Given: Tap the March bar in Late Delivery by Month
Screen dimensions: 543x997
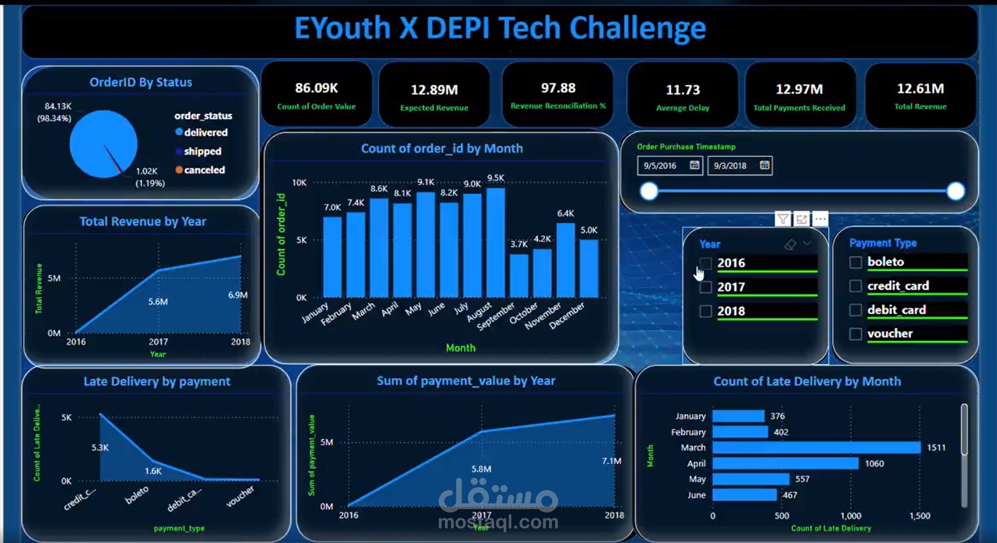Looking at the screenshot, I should tap(816, 448).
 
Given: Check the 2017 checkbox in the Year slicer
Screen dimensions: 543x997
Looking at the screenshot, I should tap(705, 287).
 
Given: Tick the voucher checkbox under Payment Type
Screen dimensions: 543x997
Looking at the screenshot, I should tap(856, 334).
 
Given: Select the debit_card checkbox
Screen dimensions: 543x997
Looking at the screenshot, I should tap(856, 310).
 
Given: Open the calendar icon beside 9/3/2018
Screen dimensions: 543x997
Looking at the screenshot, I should tap(765, 165).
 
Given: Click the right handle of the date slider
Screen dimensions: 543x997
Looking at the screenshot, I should tap(955, 191).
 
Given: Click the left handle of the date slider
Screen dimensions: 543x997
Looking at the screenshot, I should tap(649, 191).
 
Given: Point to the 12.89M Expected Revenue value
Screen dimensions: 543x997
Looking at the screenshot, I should tap(434, 90).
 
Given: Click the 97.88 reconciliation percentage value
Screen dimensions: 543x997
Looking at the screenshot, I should tap(558, 88).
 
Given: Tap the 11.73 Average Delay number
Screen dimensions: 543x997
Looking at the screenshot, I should tap(683, 90).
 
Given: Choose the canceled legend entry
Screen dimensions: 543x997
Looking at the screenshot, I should tap(204, 170).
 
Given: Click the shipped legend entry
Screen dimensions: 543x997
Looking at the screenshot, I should tap(202, 151).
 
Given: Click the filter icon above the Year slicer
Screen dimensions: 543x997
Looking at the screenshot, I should tap(783, 219).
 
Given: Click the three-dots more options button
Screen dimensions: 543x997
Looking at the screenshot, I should tap(821, 219).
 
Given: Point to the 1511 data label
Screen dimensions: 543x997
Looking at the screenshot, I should tap(936, 448).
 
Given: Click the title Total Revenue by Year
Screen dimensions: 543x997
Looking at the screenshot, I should tap(143, 222).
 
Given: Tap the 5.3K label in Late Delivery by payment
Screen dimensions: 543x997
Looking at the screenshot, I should tap(100, 448).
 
